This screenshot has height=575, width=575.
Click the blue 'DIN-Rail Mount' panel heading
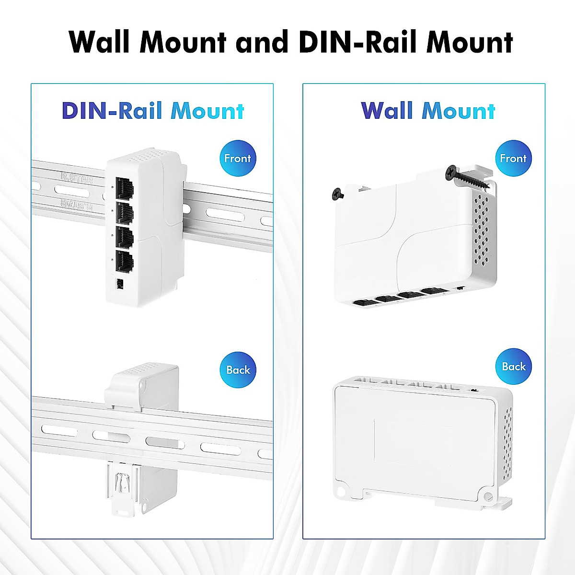pos(153,111)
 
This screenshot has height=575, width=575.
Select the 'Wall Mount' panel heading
pos(427,111)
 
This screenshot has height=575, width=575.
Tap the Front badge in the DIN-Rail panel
pos(238,159)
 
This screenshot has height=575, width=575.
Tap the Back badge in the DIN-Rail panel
pos(238,370)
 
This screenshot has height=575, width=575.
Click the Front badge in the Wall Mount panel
pos(513,159)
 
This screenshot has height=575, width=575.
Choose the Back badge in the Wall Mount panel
pos(514,367)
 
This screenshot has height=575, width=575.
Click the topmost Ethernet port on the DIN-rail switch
pos(125,188)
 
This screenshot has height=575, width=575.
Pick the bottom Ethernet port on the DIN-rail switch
pos(125,261)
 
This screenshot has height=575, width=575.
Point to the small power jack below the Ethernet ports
pos(119,284)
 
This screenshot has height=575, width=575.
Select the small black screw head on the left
pos(338,194)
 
